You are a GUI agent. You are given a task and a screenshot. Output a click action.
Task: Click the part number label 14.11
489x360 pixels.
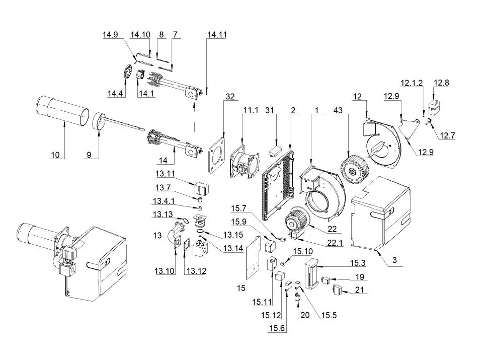tap(216, 35)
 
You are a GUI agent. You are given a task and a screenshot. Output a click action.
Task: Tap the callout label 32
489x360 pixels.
tap(230, 96)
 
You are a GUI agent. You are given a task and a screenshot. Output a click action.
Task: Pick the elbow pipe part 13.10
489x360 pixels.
tap(174, 237)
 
